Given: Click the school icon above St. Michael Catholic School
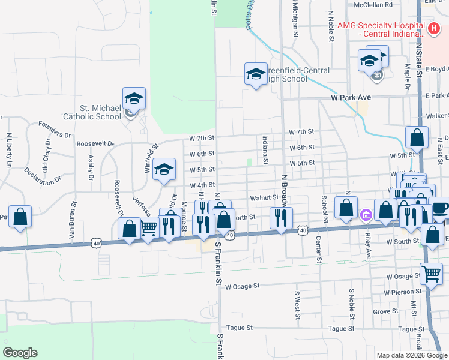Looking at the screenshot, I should click(134, 98).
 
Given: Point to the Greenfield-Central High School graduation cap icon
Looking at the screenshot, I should click(256, 74).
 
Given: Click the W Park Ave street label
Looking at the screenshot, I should click(351, 97).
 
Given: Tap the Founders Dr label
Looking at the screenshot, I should click(55, 126).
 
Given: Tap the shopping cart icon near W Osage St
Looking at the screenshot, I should click(432, 274).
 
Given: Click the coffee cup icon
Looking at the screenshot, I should click(440, 208).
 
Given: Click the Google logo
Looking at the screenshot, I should click(20, 353).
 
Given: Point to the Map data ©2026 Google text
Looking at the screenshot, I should click(411, 355).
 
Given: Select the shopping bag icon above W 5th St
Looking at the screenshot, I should click(417, 137).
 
